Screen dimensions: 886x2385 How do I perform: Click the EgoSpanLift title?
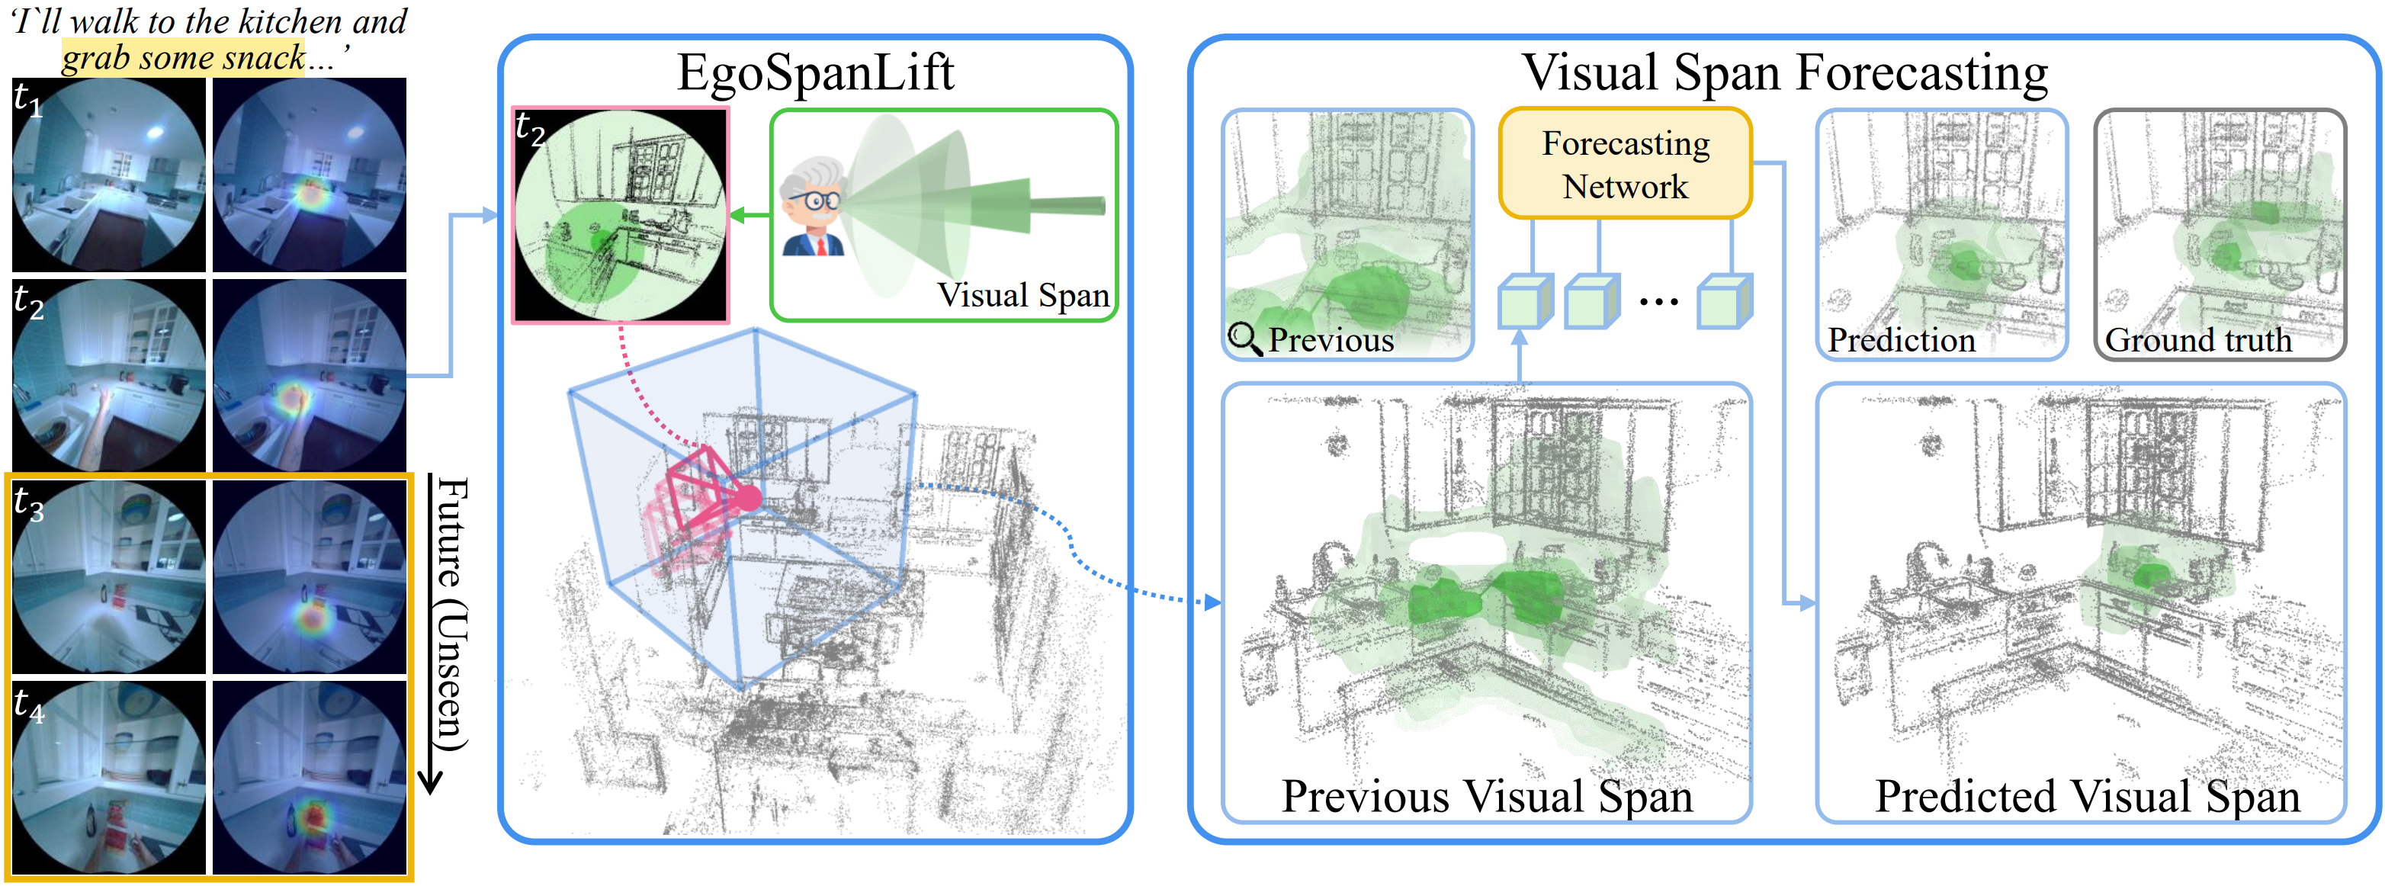pos(815,72)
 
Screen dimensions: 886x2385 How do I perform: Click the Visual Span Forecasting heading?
pos(1784,72)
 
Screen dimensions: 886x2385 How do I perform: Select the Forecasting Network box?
pos(1625,164)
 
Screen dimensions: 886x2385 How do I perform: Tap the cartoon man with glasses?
pos(812,207)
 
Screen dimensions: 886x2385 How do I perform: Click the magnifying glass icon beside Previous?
pos(1244,339)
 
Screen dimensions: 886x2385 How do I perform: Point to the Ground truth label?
pos(2198,340)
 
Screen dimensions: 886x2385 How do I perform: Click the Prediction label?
pos(1901,340)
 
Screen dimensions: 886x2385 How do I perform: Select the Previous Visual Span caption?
pos(1486,796)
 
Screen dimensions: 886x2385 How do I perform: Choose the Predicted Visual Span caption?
pos(2087,796)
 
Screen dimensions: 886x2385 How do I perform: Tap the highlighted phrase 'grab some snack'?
pos(183,58)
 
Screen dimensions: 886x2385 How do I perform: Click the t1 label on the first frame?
pos(27,99)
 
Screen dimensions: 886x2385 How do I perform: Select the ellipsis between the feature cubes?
pos(1658,302)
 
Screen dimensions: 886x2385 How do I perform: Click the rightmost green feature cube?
pos(1724,302)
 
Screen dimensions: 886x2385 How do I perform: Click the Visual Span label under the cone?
pos(1022,295)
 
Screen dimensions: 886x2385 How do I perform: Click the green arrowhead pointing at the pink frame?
pos(738,216)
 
